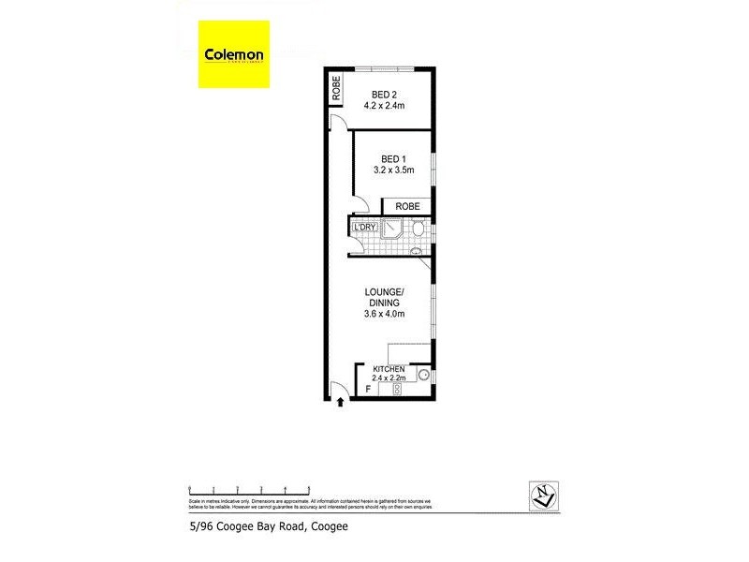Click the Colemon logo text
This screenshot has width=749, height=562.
pos(234,53)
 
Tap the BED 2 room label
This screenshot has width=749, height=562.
pos(385,94)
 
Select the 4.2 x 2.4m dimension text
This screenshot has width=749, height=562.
pos(385,106)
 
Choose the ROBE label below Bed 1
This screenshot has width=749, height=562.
pos(406,206)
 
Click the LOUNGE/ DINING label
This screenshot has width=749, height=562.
pos(384,297)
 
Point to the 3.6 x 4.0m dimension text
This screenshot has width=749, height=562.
pos(384,315)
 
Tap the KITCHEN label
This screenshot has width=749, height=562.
pos(389,369)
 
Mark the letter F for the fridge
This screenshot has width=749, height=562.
pos(367,388)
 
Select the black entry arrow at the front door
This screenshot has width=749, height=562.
pos(340,403)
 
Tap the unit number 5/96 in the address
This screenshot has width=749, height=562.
pos(203,527)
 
